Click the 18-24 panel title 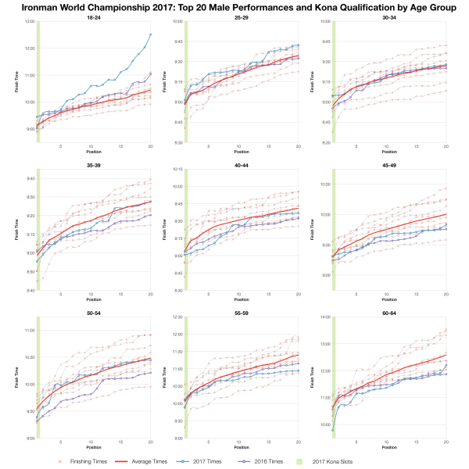click(x=92, y=16)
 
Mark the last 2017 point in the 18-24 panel click(x=150, y=34)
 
